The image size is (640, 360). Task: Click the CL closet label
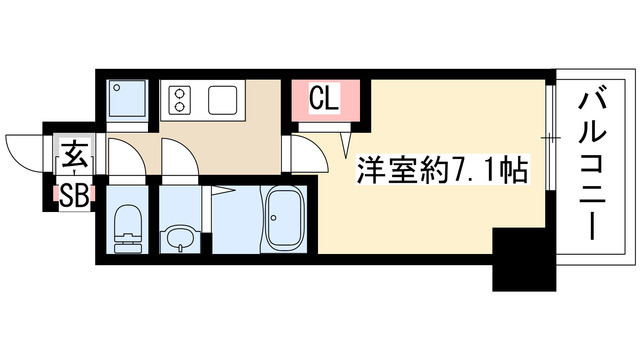(321, 98)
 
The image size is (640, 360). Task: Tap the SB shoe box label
(73, 193)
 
